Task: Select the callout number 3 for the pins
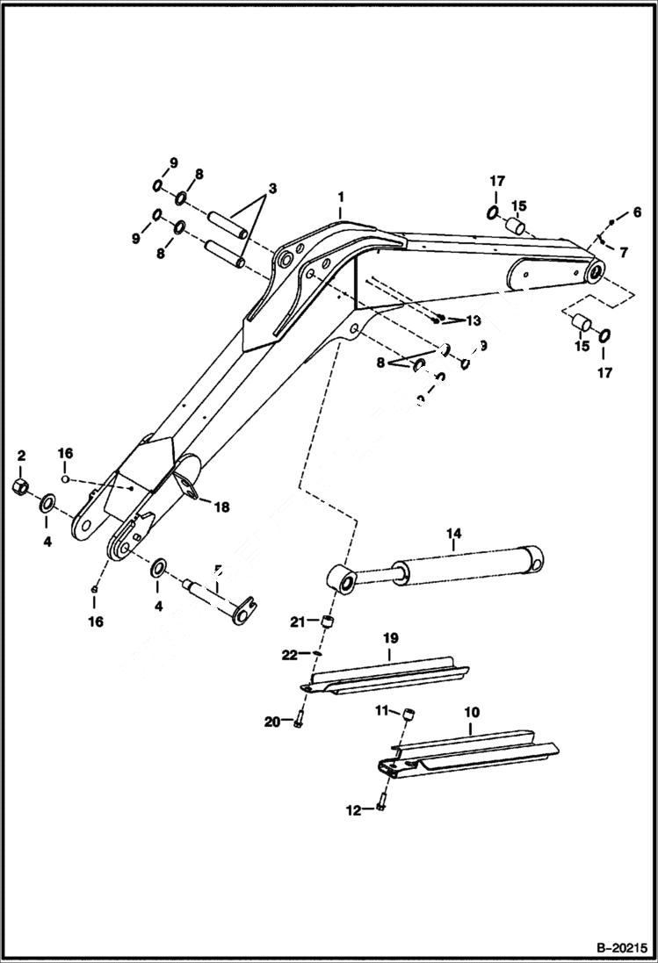pyautogui.click(x=272, y=189)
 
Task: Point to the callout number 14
pyautogui.click(x=453, y=533)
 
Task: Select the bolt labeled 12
pyautogui.click(x=380, y=808)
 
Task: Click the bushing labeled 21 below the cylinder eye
pyautogui.click(x=329, y=622)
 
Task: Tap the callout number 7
pyautogui.click(x=623, y=253)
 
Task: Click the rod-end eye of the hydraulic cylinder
pyautogui.click(x=341, y=581)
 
